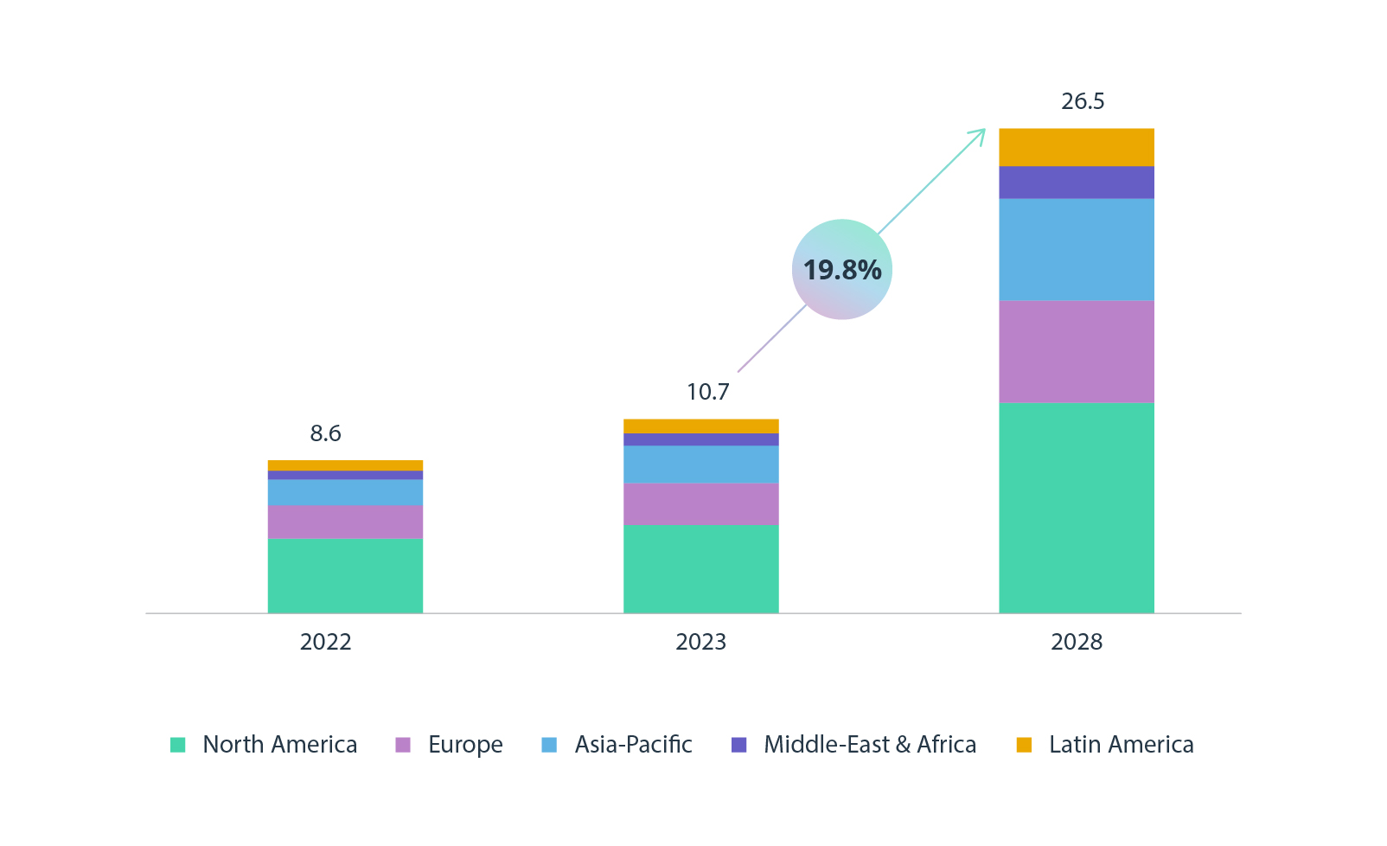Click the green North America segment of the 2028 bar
pos(1076,508)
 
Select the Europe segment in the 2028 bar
pos(1076,351)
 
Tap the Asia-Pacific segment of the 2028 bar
pos(1076,250)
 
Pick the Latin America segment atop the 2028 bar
pos(1076,147)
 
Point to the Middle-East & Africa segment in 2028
pos(1076,183)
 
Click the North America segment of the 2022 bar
pos(345,576)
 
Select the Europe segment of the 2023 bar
pos(700,504)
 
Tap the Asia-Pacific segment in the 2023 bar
pos(700,465)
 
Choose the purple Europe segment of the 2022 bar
pos(345,522)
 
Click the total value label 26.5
pos(1083,101)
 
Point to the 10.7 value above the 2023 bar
pos(707,392)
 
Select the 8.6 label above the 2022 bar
pos(325,433)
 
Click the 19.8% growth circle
pos(841,269)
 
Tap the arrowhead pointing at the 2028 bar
pos(980,134)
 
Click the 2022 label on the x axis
pos(325,642)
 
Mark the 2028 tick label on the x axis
pos(1076,642)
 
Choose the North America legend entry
pos(278,744)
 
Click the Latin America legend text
pos(1121,744)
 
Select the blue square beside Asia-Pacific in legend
pos(549,745)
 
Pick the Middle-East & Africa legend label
pos(869,744)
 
